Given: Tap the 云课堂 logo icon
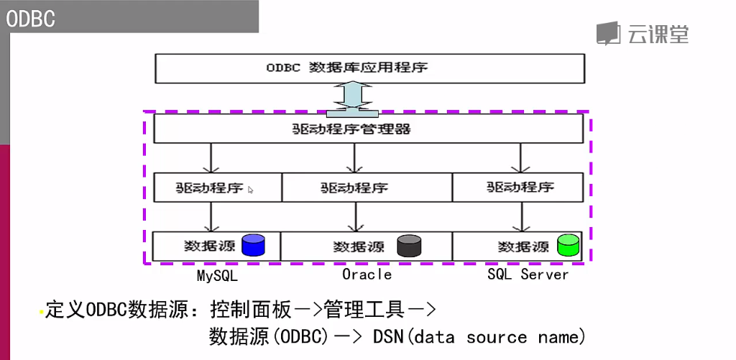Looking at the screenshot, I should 608,33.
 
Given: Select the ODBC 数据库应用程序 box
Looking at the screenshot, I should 369,68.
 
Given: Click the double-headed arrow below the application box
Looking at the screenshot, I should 352,98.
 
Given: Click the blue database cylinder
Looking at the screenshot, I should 254,246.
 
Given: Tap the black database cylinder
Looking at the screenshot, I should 409,246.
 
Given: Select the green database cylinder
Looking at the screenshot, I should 568,245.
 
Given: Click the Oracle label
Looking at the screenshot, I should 367,274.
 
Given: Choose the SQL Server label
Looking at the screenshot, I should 528,274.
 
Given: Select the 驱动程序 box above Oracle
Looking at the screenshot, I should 367,188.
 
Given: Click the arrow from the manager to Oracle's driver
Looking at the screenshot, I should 354,157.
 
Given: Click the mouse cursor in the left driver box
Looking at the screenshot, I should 250,190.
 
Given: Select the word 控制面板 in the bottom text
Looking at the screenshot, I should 252,310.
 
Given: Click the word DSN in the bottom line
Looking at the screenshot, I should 390,337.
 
